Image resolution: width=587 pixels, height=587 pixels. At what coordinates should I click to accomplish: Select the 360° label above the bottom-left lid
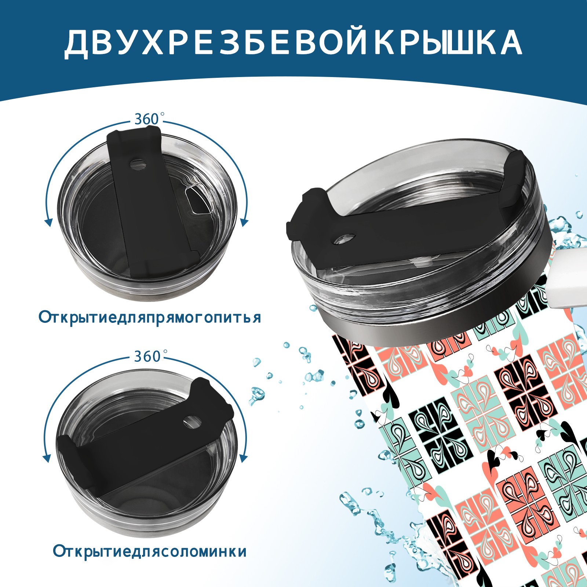click(148, 356)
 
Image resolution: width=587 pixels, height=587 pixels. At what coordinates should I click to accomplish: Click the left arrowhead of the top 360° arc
click(48, 222)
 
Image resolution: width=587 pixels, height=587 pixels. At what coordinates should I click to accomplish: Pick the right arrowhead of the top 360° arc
click(244, 222)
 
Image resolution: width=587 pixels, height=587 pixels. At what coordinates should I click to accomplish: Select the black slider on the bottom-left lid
click(145, 440)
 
